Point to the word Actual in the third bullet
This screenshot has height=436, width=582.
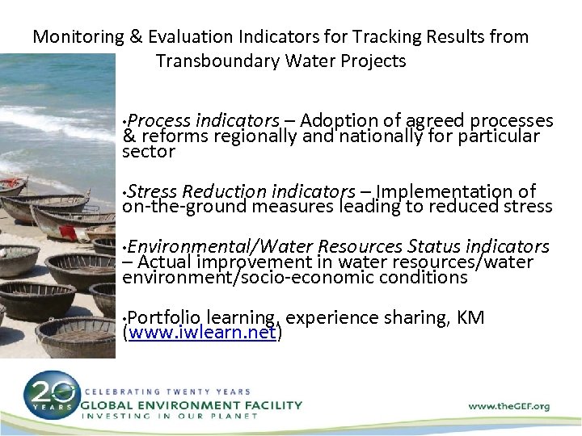click(x=166, y=262)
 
